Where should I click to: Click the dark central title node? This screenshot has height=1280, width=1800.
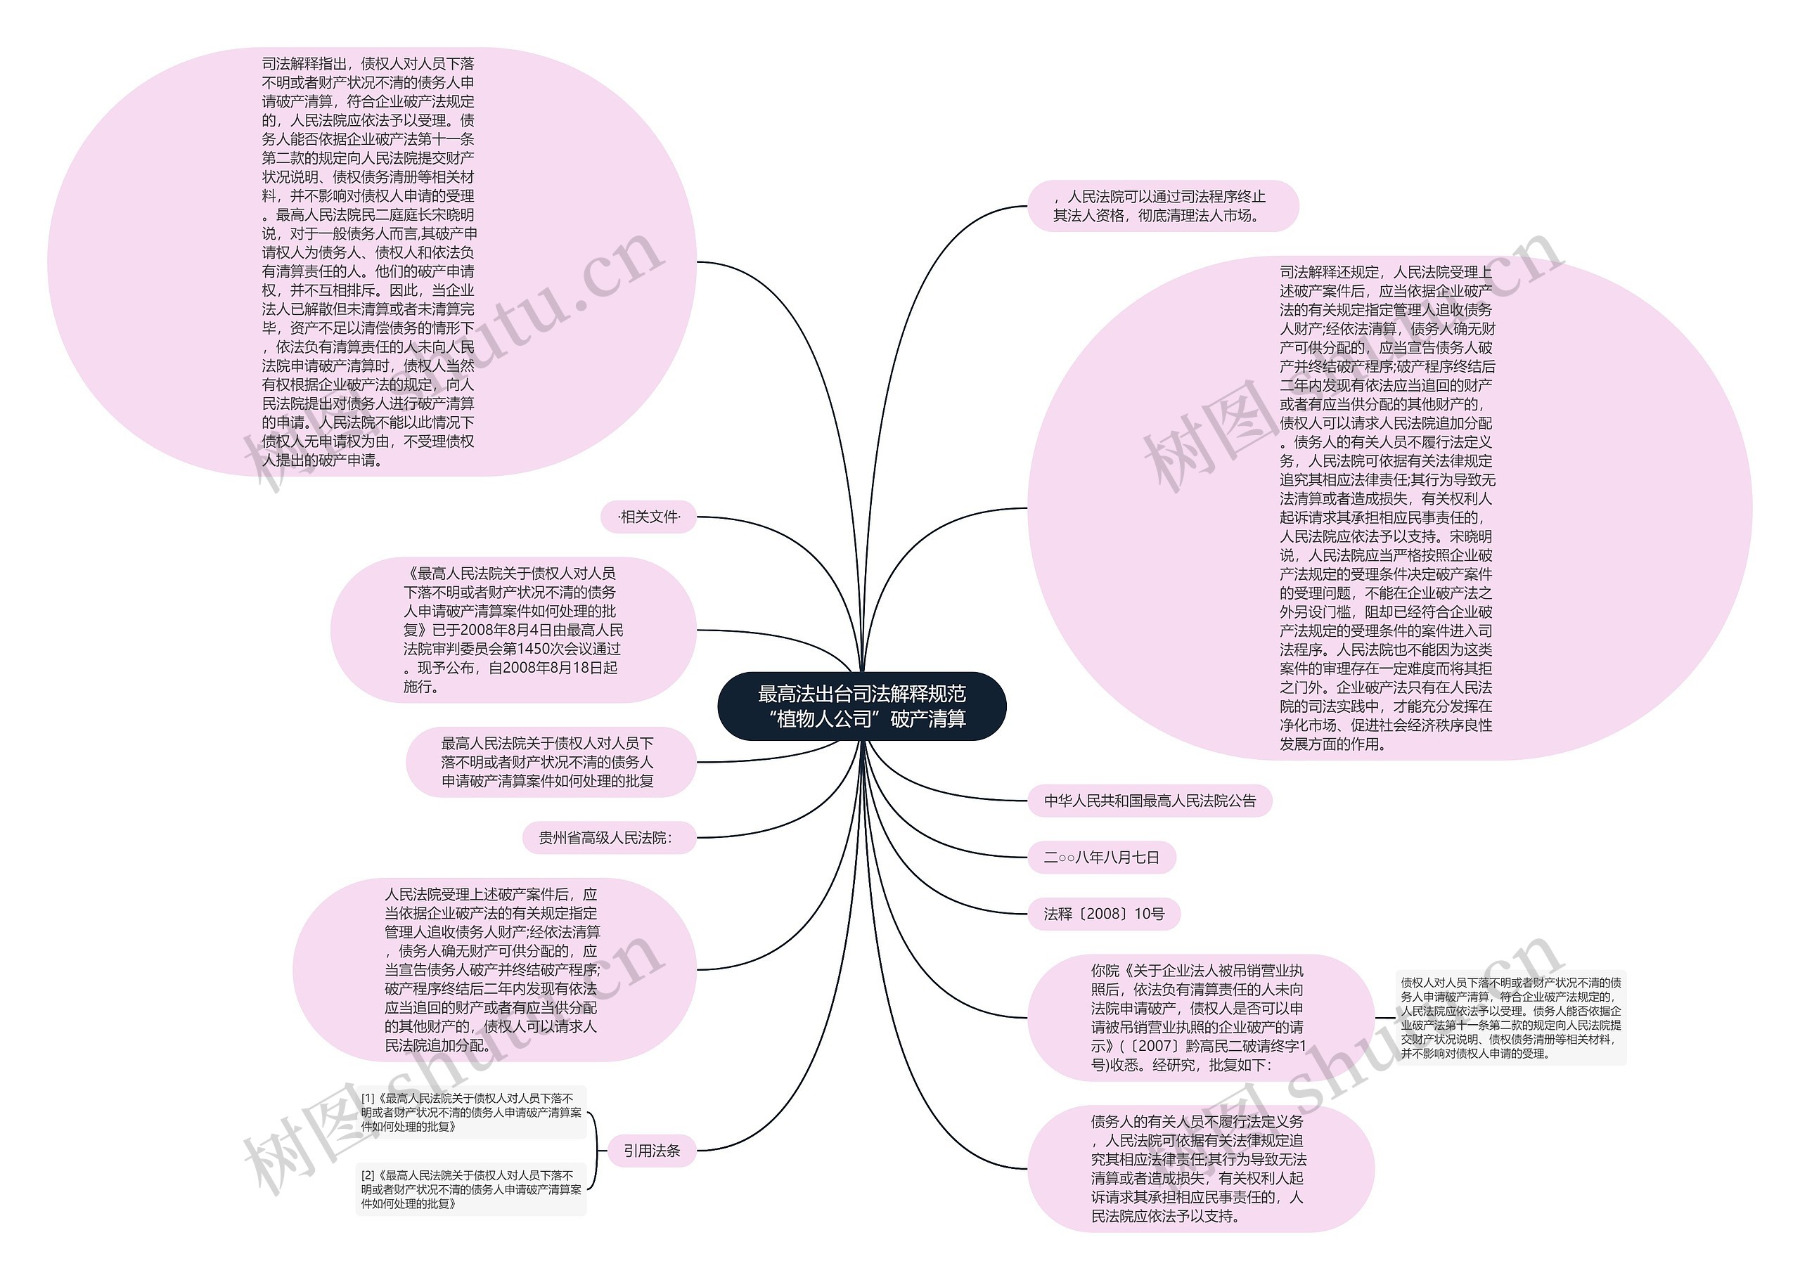[x=862, y=706]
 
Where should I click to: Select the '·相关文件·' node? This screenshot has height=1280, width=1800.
[x=649, y=517]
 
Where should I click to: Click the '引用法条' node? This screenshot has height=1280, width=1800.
[x=651, y=1151]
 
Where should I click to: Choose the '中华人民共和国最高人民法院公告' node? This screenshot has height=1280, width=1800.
[x=1150, y=801]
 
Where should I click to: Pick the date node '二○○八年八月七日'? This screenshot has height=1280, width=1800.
[x=1102, y=858]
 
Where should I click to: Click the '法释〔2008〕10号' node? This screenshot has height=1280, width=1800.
[x=1104, y=914]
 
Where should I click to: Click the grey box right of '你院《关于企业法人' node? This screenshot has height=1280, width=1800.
[x=1510, y=1018]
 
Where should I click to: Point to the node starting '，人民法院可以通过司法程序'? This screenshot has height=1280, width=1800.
[x=1163, y=206]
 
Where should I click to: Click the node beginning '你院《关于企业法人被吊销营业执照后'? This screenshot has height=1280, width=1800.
[x=1200, y=1018]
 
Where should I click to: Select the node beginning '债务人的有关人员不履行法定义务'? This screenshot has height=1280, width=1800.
[x=1200, y=1169]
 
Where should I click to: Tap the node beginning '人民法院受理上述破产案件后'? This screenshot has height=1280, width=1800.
[x=494, y=970]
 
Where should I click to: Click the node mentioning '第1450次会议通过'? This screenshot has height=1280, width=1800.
[x=513, y=630]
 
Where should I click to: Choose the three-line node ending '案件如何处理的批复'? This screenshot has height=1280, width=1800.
[x=550, y=762]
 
